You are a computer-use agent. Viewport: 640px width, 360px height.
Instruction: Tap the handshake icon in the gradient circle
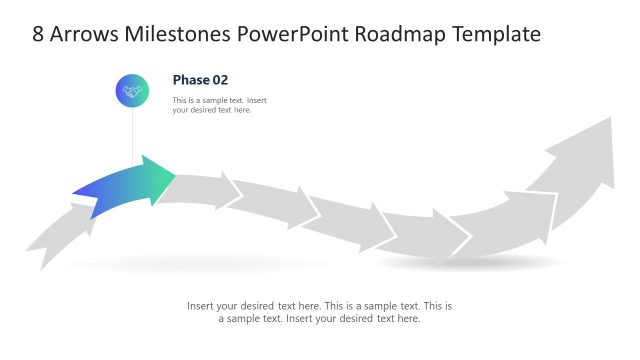[x=132, y=91]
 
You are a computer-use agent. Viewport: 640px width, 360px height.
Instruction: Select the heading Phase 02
[x=201, y=80]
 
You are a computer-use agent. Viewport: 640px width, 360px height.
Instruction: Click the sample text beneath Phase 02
[x=219, y=105]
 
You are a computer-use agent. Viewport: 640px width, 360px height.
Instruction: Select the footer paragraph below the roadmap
[x=319, y=312]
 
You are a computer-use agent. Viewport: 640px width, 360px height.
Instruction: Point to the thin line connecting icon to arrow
[x=132, y=135]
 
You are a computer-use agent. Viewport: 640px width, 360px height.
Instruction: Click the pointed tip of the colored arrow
[x=174, y=177]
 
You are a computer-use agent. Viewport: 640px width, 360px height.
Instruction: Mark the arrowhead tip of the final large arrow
[x=611, y=119]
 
